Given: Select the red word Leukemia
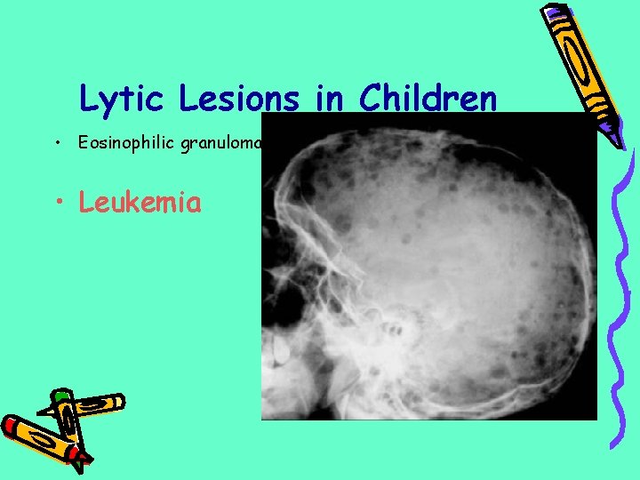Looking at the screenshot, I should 140,202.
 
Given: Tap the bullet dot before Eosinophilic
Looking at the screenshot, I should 56,144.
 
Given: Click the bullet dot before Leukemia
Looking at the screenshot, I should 60,203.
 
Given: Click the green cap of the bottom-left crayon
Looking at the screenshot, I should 60,395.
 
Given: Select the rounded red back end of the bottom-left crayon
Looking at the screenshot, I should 12,427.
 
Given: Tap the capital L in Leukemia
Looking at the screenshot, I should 86,202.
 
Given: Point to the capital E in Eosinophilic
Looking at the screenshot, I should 83,144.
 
